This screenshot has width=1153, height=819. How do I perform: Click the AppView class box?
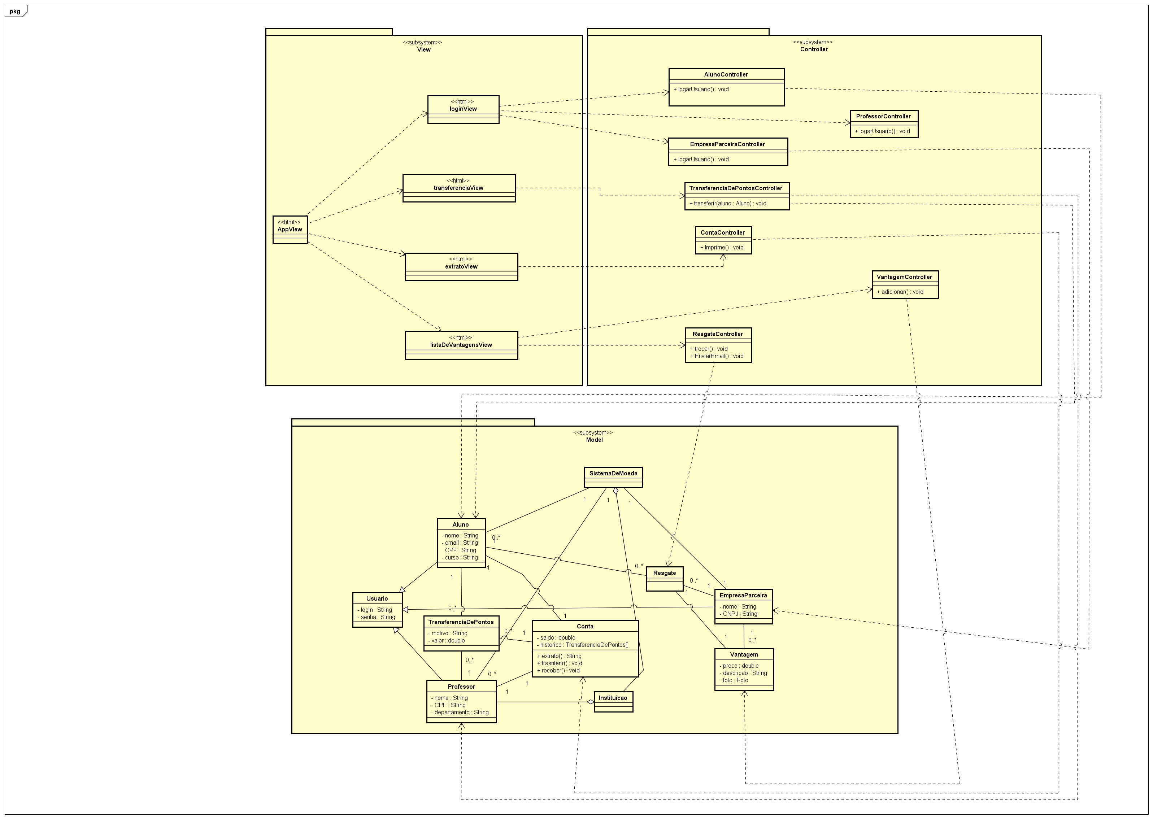290,230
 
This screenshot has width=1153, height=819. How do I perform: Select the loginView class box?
463,109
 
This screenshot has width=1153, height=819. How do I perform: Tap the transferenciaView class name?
458,188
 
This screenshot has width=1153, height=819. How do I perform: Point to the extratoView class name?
461,267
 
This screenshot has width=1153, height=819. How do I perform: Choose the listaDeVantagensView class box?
461,345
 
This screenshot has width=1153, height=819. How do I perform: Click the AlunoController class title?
726,75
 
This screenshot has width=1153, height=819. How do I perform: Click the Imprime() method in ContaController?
722,248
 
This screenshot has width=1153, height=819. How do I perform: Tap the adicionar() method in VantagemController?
900,292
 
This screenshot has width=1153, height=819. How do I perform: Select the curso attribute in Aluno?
460,558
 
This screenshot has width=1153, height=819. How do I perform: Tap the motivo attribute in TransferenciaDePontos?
448,633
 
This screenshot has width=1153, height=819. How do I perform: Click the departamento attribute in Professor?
460,713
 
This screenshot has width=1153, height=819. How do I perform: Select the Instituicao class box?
613,701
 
